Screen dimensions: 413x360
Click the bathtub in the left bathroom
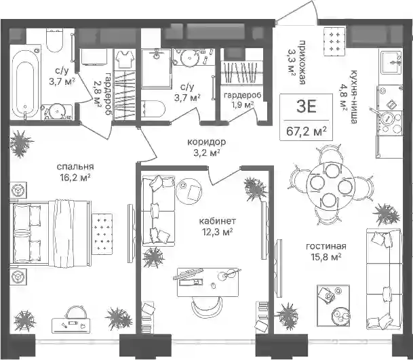click(x=25, y=85)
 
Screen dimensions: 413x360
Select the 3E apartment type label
click(x=306, y=107)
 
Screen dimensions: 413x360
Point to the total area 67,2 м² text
click(x=307, y=131)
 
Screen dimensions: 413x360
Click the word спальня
click(x=75, y=167)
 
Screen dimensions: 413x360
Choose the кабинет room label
click(x=218, y=221)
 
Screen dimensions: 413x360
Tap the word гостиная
click(x=326, y=246)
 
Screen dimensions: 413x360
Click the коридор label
click(x=206, y=142)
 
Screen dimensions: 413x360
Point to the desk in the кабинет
click(x=208, y=282)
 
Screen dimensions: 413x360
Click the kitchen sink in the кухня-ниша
click(x=391, y=62)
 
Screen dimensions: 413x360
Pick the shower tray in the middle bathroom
click(x=156, y=68)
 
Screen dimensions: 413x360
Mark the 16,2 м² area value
click(x=75, y=178)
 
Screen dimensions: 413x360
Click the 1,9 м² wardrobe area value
click(x=243, y=105)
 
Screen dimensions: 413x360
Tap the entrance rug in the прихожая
click(x=334, y=41)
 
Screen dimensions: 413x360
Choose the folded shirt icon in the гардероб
click(x=125, y=59)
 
